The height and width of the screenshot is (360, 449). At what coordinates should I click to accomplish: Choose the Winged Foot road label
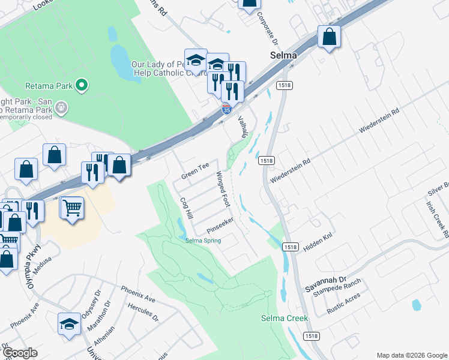click(x=223, y=188)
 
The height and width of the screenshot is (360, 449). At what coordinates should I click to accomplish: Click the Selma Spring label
click(x=203, y=241)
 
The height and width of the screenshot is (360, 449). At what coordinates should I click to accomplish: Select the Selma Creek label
click(x=284, y=318)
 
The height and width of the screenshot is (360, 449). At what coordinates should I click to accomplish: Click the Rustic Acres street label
click(x=343, y=307)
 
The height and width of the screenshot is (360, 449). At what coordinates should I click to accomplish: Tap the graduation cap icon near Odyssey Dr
click(x=69, y=323)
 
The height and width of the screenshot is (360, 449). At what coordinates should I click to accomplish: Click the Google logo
click(x=20, y=353)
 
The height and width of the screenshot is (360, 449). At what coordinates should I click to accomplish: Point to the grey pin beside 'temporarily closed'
click(x=61, y=109)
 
